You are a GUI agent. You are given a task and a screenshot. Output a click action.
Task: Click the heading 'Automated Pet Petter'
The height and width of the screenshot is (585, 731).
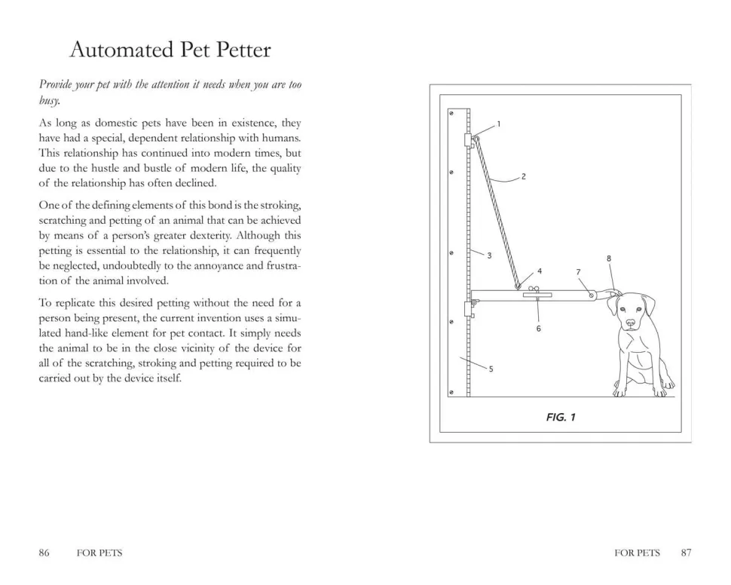pyautogui.click(x=170, y=51)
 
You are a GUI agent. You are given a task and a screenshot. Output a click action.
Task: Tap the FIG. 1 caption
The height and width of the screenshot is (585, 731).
pyautogui.click(x=561, y=417)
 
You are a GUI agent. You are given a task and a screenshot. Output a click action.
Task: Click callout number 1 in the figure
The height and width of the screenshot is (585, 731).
pyautogui.click(x=498, y=124)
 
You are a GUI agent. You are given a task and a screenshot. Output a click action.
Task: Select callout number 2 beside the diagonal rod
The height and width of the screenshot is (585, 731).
pyautogui.click(x=523, y=177)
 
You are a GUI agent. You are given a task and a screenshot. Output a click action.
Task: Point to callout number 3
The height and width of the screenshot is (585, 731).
pyautogui.click(x=489, y=256)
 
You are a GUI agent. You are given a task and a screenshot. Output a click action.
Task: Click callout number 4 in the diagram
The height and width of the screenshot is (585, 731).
pyautogui.click(x=540, y=270)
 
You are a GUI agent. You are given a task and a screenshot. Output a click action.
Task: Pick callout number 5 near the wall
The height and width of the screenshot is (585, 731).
pyautogui.click(x=578, y=271)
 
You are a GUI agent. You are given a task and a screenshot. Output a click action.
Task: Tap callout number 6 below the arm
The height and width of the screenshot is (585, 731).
pyautogui.click(x=608, y=259)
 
